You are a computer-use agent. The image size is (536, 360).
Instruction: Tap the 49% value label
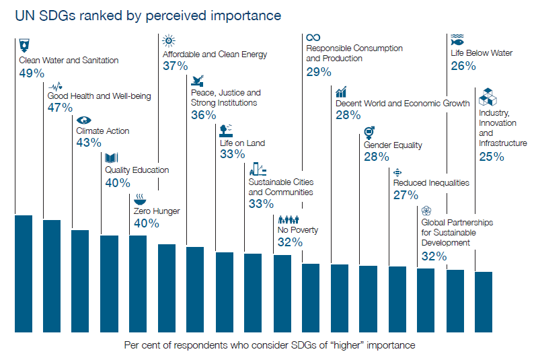click(x=32, y=73)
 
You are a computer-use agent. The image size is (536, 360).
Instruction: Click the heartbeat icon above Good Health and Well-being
click(x=57, y=85)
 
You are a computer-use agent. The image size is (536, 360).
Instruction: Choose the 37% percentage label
click(x=175, y=66)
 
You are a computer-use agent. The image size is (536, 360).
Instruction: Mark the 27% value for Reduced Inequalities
click(x=406, y=195)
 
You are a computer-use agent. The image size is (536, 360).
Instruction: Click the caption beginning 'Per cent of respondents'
click(x=270, y=345)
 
